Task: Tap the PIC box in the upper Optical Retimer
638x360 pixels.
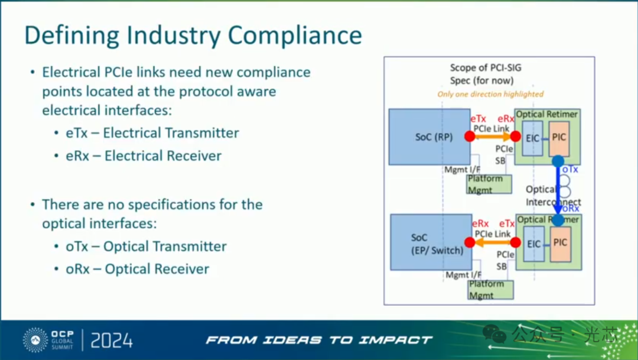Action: (x=559, y=137)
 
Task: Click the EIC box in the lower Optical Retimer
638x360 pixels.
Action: (x=533, y=243)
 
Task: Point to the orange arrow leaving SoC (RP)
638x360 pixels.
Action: (x=492, y=137)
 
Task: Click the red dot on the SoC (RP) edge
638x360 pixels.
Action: (x=470, y=137)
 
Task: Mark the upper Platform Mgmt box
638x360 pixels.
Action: (x=489, y=184)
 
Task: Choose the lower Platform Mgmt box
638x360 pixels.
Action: (x=490, y=289)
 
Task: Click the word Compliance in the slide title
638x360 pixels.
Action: (x=295, y=35)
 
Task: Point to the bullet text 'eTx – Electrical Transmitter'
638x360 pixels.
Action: (x=152, y=133)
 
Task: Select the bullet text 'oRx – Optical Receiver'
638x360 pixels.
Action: (x=138, y=269)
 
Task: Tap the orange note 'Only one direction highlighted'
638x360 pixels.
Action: (x=490, y=94)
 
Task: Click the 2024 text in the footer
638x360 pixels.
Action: (x=112, y=340)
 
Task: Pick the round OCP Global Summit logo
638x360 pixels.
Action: (x=35, y=340)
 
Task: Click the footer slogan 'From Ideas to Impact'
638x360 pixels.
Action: (x=319, y=340)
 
